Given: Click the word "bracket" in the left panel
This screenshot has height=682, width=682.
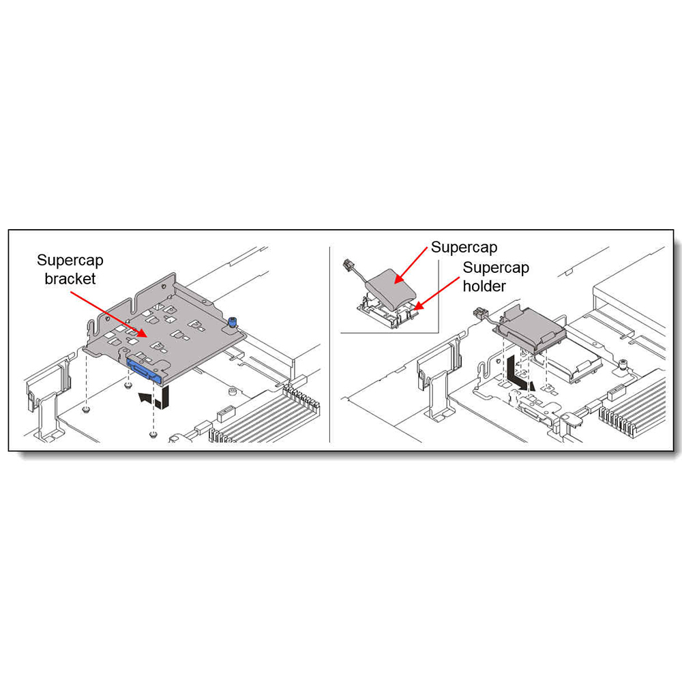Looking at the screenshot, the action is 70,278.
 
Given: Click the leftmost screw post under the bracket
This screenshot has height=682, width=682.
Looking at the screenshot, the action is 86,409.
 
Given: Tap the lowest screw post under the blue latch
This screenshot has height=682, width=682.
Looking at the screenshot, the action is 152,434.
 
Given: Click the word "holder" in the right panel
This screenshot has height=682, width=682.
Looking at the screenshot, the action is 484,286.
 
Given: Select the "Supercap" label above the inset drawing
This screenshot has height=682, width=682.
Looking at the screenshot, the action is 464,248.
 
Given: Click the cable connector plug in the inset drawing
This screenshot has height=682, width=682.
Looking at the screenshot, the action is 348,264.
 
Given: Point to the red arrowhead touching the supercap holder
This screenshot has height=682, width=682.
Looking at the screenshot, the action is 417,306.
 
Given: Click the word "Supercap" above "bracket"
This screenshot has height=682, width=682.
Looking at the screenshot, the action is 70,260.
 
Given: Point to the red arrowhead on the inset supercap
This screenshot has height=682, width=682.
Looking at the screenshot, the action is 398,279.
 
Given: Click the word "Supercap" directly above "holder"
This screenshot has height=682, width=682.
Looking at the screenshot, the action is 496,267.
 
